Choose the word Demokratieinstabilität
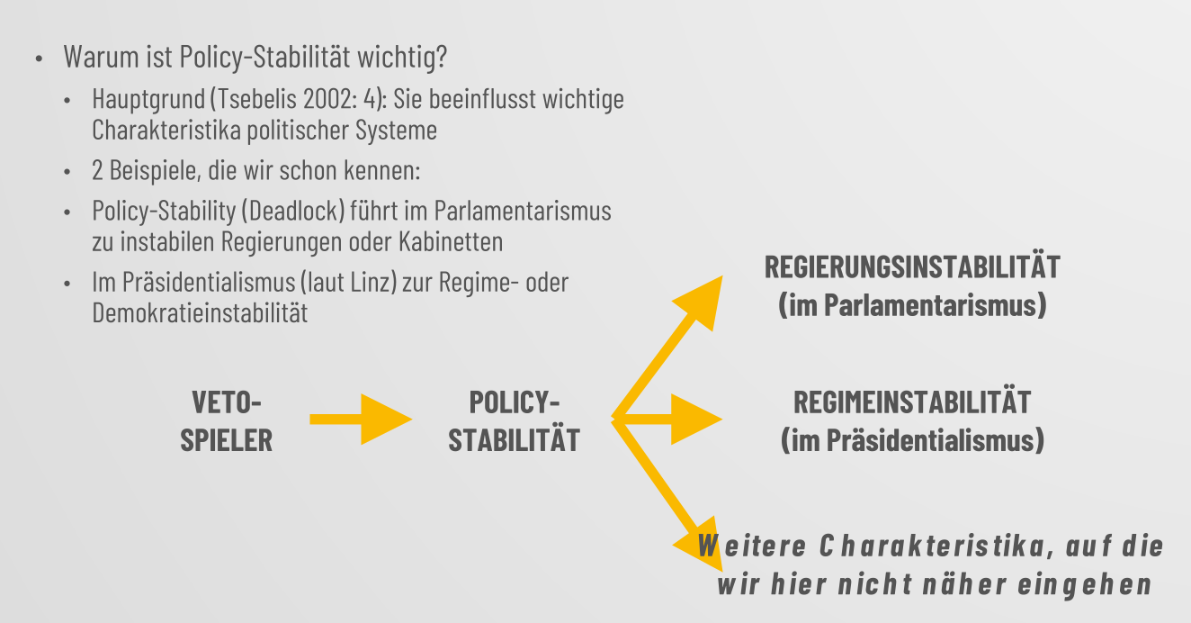(x=200, y=312)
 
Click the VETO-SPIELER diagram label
(x=226, y=420)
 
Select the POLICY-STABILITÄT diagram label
(x=514, y=420)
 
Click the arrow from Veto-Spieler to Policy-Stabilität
(x=360, y=419)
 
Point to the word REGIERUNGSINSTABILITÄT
(x=912, y=267)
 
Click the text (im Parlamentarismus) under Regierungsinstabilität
(x=912, y=305)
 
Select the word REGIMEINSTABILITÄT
(x=912, y=402)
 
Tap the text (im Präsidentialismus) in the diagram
(x=912, y=441)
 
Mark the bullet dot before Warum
(x=40, y=60)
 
